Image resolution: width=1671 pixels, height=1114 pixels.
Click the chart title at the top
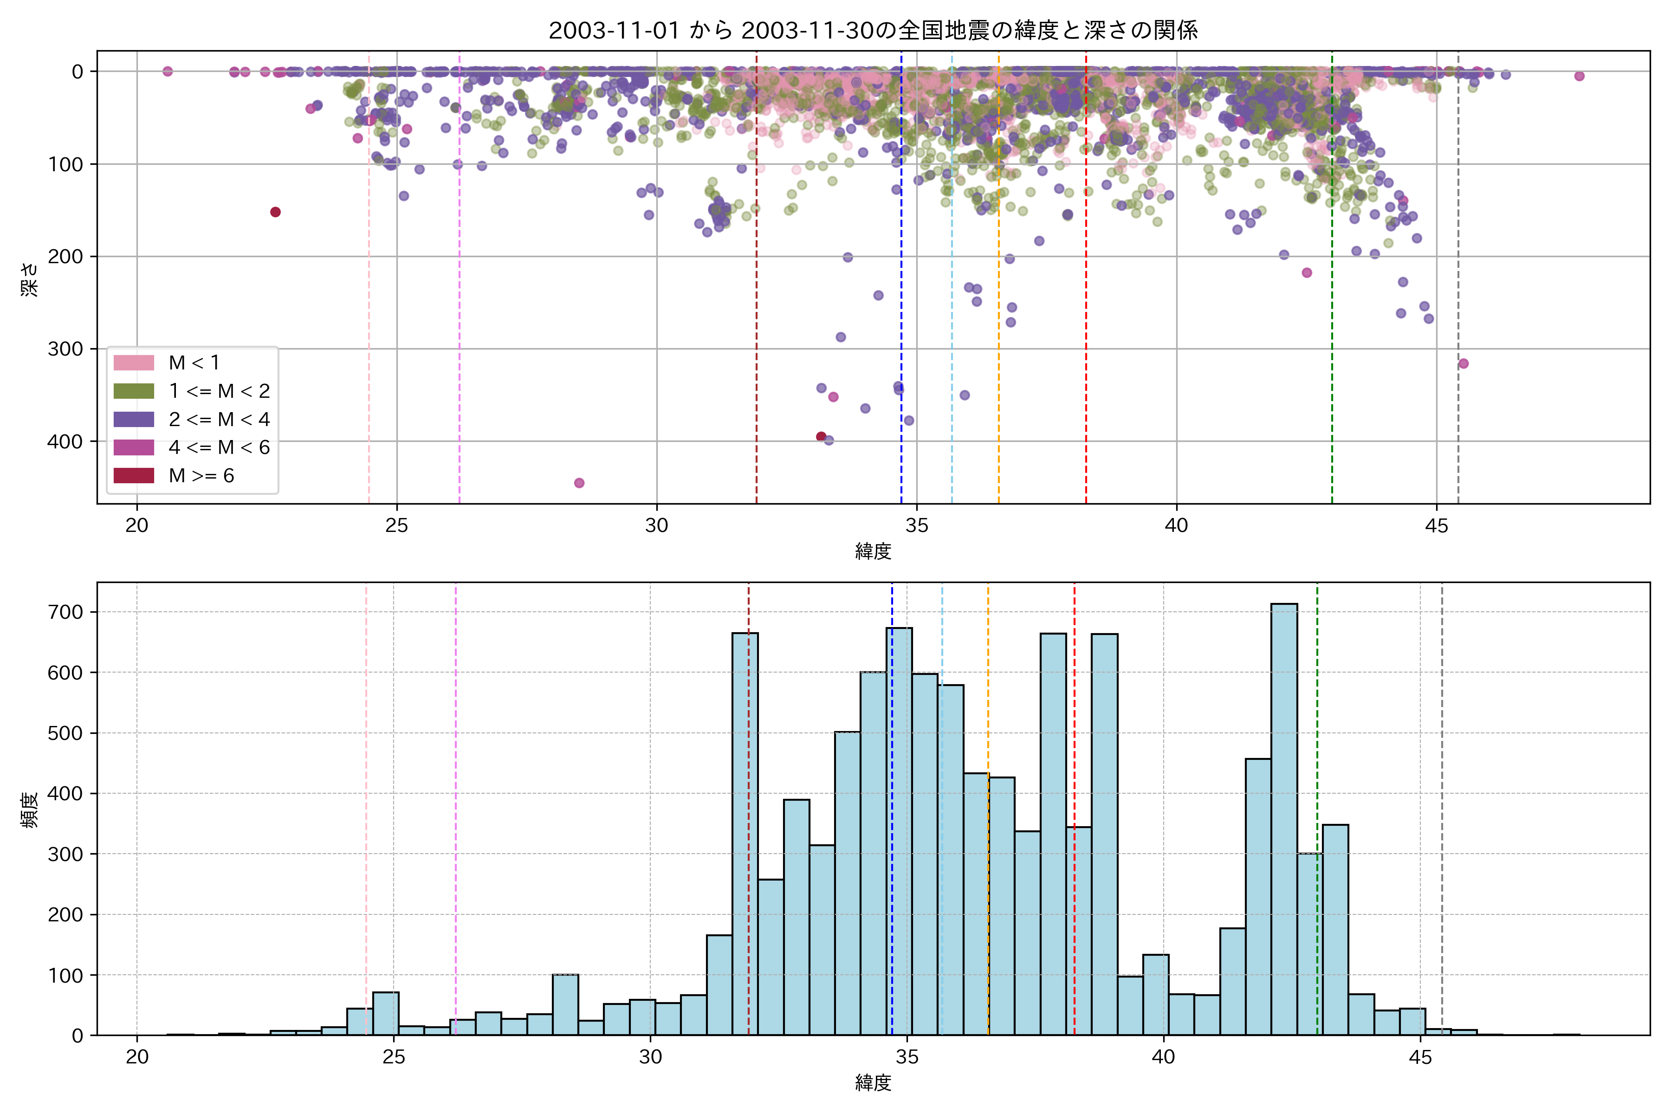point(873,30)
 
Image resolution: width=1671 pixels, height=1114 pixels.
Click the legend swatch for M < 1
point(134,363)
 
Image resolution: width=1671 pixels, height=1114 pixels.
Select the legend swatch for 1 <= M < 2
point(134,391)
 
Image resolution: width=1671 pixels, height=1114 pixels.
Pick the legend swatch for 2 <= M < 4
point(134,419)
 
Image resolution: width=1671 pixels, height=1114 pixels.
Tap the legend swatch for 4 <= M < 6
point(134,447)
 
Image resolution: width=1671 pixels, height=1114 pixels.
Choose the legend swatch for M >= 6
point(134,475)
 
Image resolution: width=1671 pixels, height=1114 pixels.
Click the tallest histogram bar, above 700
point(1284,817)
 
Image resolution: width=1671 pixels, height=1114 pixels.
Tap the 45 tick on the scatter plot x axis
point(1437,526)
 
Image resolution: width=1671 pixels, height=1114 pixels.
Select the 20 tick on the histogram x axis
point(137,1057)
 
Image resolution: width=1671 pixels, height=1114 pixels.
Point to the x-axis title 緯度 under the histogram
point(873,1083)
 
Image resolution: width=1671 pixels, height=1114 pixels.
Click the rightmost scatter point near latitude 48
point(1580,76)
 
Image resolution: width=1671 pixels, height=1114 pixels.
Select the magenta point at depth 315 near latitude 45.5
point(1464,364)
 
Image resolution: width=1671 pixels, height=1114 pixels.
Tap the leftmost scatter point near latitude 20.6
point(168,71)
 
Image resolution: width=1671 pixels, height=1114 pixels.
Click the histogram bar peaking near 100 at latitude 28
point(565,1004)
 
